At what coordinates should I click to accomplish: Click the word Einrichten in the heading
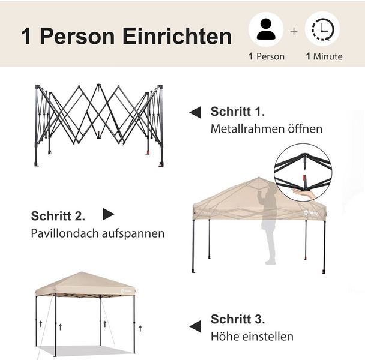(177, 36)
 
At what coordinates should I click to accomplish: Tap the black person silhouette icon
(266, 29)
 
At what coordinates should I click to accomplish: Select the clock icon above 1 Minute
(322, 29)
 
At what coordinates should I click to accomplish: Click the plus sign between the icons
(294, 31)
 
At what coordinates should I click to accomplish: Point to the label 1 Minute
(324, 56)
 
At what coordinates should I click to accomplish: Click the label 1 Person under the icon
(267, 56)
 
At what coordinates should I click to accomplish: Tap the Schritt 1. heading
(238, 112)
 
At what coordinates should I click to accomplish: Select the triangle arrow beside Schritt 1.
(195, 112)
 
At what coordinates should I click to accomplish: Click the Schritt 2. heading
(58, 216)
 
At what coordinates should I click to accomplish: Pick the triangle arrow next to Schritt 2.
(109, 214)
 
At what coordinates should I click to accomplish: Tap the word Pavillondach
(65, 233)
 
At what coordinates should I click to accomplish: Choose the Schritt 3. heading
(238, 319)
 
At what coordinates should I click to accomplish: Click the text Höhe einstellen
(252, 336)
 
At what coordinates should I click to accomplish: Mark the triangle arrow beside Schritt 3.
(195, 326)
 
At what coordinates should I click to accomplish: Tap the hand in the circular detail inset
(304, 194)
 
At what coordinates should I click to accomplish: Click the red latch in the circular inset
(304, 178)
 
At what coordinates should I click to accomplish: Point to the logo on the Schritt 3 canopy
(126, 290)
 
